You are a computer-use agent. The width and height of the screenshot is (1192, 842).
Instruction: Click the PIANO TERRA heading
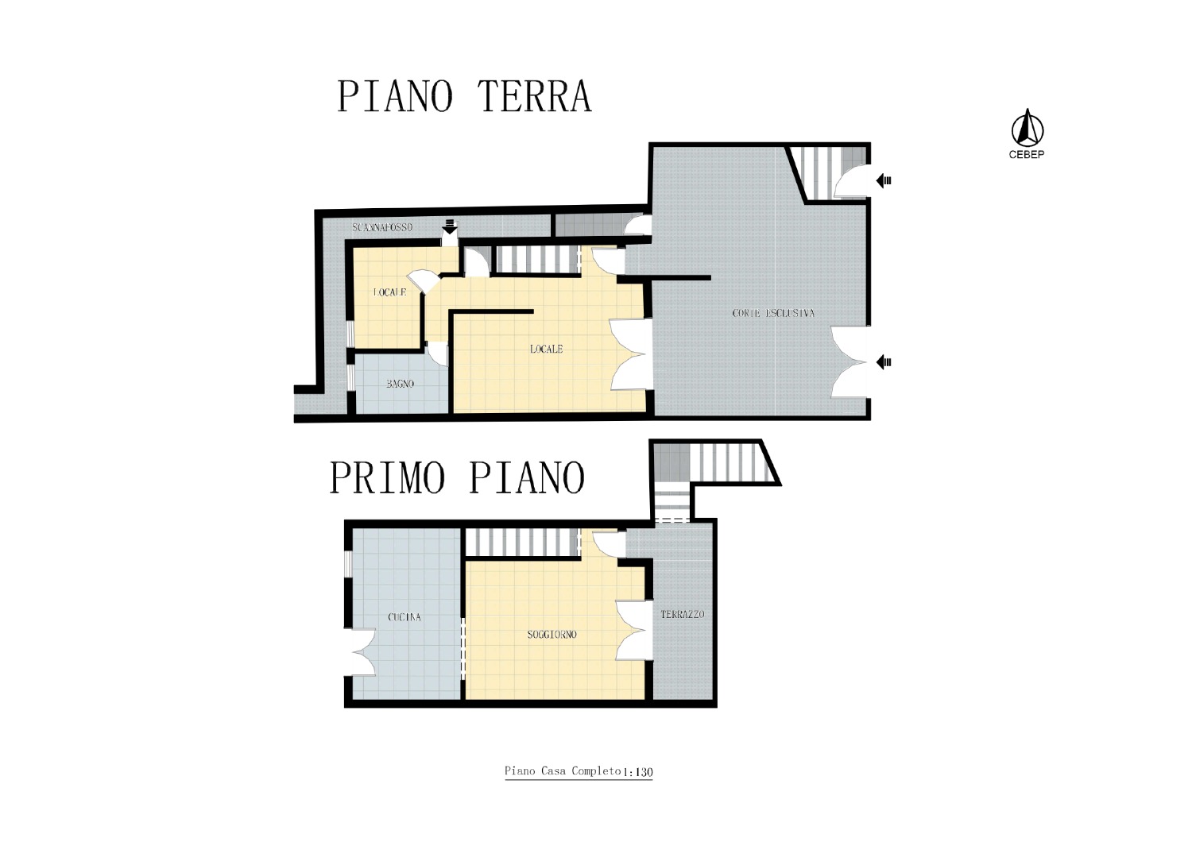[x=464, y=96]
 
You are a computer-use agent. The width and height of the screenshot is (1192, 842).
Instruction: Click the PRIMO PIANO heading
[x=458, y=477]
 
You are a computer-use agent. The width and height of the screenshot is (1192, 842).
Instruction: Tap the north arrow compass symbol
[x=1027, y=128]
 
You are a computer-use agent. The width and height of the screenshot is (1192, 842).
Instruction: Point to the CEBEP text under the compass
[x=1027, y=155]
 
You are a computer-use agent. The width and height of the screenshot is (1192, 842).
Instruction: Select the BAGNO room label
[x=401, y=384]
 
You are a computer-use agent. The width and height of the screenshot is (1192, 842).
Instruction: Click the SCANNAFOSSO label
[x=382, y=227]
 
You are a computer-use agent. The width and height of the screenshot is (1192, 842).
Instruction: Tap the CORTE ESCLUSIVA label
[x=773, y=313]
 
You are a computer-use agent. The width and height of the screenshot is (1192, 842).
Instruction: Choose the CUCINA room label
[x=404, y=617]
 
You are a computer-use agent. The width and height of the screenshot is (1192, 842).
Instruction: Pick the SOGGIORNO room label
[x=551, y=635]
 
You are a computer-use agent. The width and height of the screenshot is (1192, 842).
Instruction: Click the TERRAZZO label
[x=683, y=614]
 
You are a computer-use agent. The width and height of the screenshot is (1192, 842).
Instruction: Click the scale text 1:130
[x=637, y=772]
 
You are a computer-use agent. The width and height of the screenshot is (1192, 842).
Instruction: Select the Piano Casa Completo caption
[x=563, y=771]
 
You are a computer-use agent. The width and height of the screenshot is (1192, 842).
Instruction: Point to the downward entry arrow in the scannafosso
[x=450, y=226]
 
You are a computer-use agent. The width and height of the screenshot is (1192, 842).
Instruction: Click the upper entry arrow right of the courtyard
[x=884, y=181]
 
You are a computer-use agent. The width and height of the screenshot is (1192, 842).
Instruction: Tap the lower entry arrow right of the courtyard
[x=884, y=362]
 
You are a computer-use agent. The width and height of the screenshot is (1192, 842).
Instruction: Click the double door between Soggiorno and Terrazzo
[x=634, y=630]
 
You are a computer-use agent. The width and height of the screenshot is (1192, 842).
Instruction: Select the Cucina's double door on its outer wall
[x=364, y=652]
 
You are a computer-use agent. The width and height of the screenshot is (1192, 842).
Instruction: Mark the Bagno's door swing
[x=439, y=353]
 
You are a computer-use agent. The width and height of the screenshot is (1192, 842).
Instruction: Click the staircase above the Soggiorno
[x=522, y=542]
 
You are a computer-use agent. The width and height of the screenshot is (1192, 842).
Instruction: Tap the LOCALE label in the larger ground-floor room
[x=547, y=349]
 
